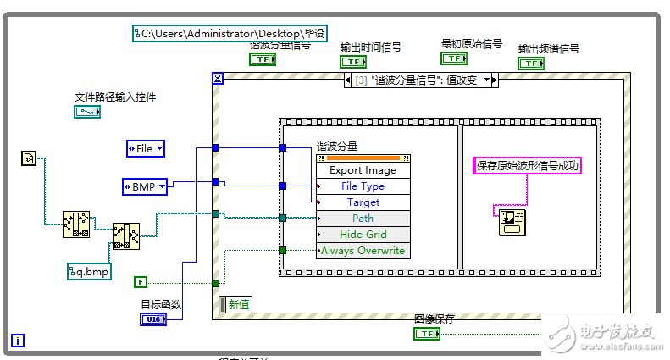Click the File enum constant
coord(146,148)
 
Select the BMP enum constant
coord(146,186)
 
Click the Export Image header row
coord(363,170)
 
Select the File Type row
coord(363,186)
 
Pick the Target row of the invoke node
coord(363,202)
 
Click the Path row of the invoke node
coord(363,219)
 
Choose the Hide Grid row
coord(363,235)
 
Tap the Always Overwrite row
coord(363,251)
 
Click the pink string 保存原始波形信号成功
coord(526,166)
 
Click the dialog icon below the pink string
coord(512,223)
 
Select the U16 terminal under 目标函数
coord(152,318)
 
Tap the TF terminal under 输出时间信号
coord(352,62)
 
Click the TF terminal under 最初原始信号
coord(454,58)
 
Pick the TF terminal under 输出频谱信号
coord(531,63)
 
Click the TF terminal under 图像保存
coord(427,334)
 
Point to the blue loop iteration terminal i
coord(18,341)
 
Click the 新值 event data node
coord(236,304)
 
